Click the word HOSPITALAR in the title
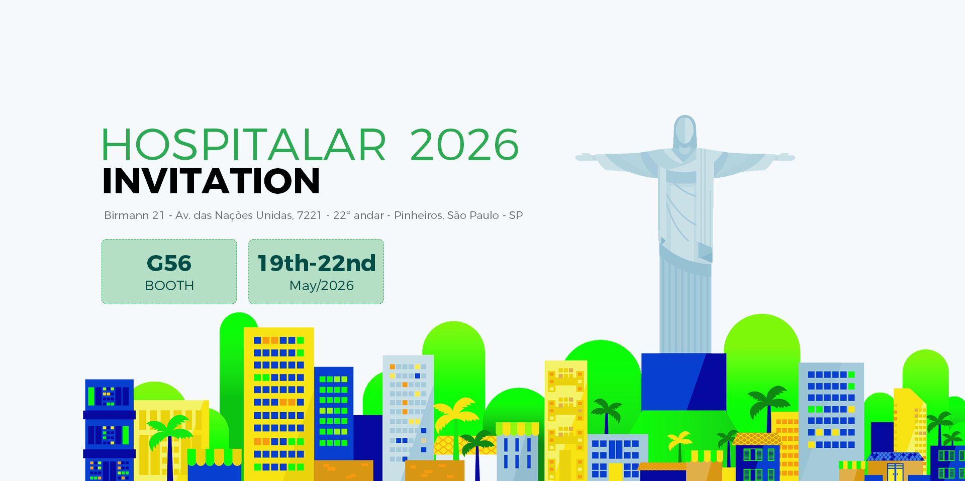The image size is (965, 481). [x=244, y=145]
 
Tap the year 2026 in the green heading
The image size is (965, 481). [x=464, y=145]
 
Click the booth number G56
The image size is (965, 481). [x=169, y=263]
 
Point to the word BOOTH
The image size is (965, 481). [x=169, y=286]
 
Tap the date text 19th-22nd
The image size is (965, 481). [x=317, y=263]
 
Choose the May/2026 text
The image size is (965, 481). [x=322, y=286]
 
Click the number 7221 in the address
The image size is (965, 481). [x=310, y=215]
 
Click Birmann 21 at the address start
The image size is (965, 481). [x=134, y=215]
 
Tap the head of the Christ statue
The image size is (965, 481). [x=685, y=132]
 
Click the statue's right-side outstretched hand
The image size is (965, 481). [x=785, y=157]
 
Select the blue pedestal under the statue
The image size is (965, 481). [x=684, y=382]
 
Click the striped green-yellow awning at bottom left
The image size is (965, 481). [x=215, y=457]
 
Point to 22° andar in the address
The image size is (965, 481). [x=358, y=215]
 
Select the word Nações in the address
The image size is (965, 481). [x=234, y=215]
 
